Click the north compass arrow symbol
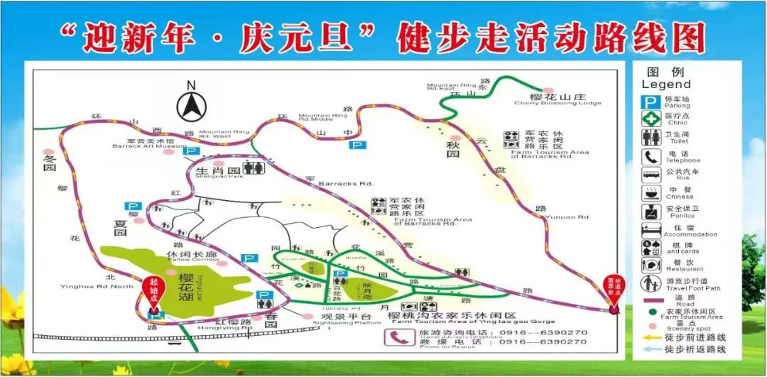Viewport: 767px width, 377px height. pyautogui.click(x=190, y=104)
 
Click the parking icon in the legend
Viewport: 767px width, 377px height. pyautogui.click(x=651, y=102)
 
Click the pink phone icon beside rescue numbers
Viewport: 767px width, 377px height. pyautogui.click(x=395, y=337)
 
